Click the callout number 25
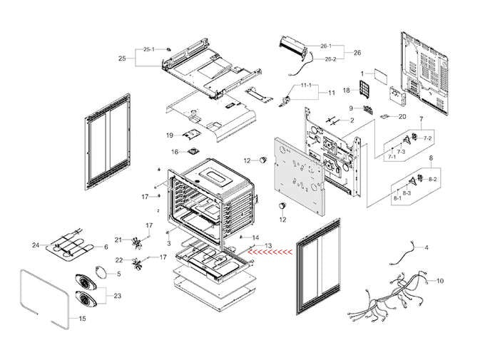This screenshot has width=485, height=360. pyautogui.click(x=122, y=58)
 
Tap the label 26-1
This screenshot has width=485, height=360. pyautogui.click(x=326, y=46)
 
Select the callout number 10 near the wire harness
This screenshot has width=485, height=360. pyautogui.click(x=440, y=281)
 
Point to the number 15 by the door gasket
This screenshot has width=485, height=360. pyautogui.click(x=82, y=318)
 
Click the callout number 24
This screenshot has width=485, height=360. pyautogui.click(x=35, y=246)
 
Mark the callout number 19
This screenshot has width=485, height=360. pyautogui.click(x=170, y=135)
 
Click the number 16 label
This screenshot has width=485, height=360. pyautogui.click(x=173, y=152)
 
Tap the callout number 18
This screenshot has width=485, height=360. pyautogui.click(x=346, y=91)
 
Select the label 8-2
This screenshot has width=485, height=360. pyautogui.click(x=432, y=179)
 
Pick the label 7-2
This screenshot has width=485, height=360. pyautogui.click(x=427, y=137)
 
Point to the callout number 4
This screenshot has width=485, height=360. pyautogui.click(x=427, y=247)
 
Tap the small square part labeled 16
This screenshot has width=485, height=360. pyautogui.click(x=192, y=151)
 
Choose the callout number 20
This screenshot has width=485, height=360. pyautogui.click(x=402, y=116)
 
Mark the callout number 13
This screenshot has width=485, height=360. pyautogui.click(x=268, y=246)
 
